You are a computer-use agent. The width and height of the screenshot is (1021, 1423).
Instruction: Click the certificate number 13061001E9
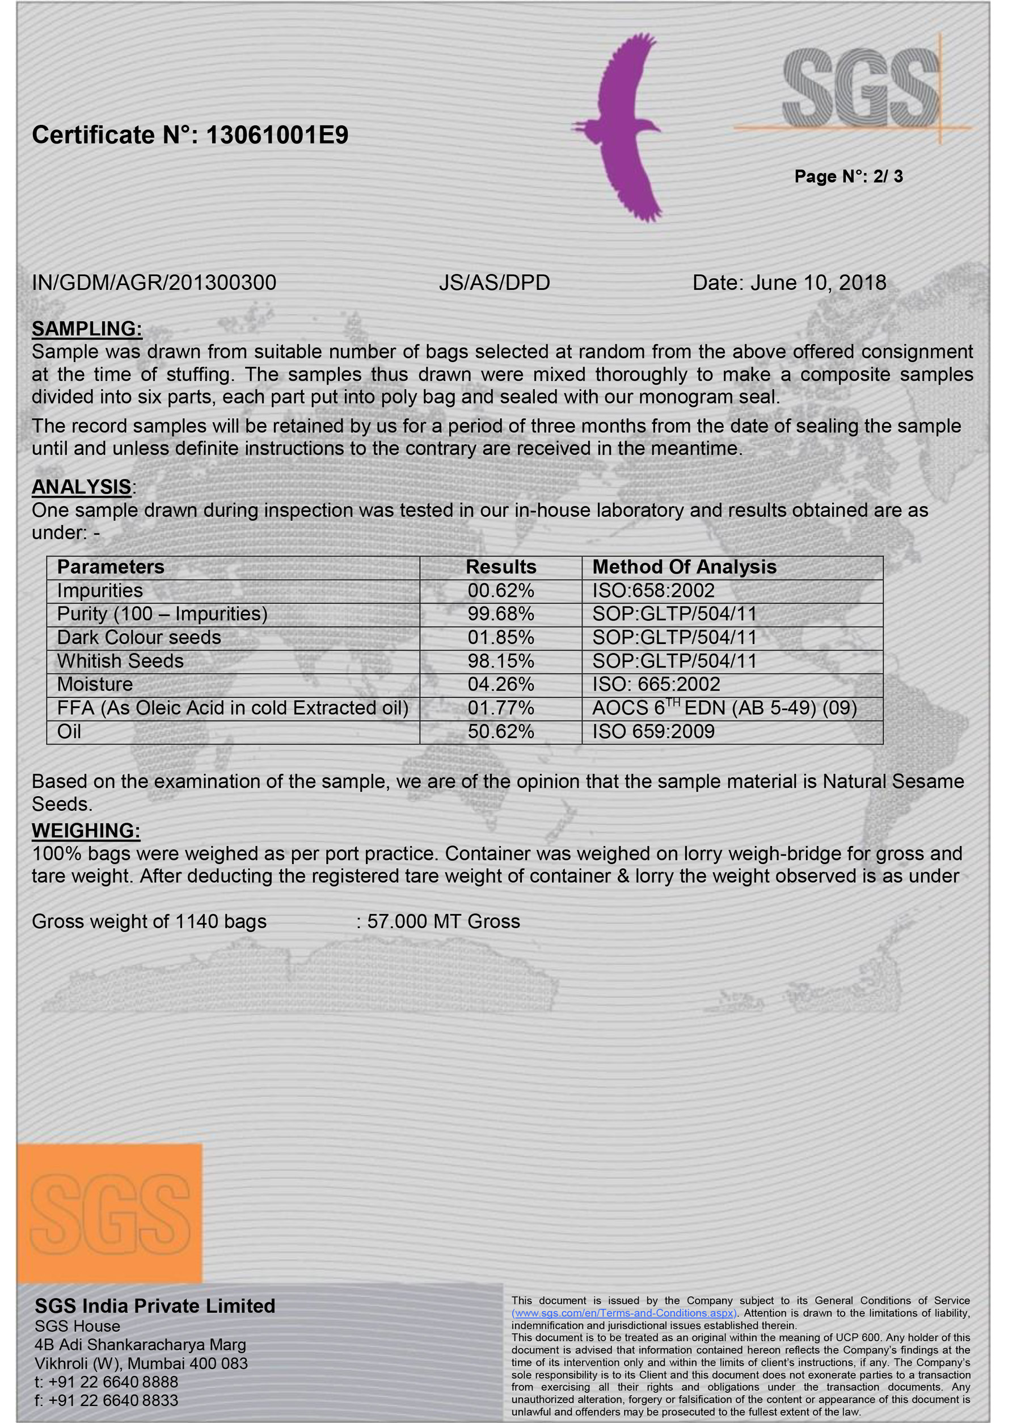[x=277, y=135]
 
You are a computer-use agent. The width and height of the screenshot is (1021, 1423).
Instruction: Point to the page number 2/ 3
[x=887, y=176]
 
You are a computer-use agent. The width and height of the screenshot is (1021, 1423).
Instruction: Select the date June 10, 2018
[x=818, y=283]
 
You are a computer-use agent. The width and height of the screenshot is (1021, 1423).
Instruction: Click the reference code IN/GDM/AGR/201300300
[x=154, y=283]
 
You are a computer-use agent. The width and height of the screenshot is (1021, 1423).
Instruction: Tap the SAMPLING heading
[x=87, y=328]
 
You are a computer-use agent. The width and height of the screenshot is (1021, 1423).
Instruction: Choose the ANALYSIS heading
[x=82, y=486]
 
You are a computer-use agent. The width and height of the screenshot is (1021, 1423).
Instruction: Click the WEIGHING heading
[x=86, y=830]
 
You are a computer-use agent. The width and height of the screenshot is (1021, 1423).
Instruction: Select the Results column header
[x=500, y=567]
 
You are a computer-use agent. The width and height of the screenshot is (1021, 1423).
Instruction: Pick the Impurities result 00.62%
[x=500, y=591]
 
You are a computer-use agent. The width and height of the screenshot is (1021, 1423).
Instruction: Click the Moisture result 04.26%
[x=500, y=684]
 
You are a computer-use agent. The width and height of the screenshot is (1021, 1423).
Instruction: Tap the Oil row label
[x=69, y=731]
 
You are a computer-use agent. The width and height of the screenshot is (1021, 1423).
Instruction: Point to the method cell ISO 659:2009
[x=653, y=731]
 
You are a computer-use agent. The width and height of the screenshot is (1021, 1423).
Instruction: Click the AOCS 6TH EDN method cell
[x=724, y=708]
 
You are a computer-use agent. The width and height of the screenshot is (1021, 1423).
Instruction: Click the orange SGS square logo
[x=109, y=1214]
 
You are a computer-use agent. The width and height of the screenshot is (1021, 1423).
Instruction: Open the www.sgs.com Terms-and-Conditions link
[x=623, y=1313]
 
